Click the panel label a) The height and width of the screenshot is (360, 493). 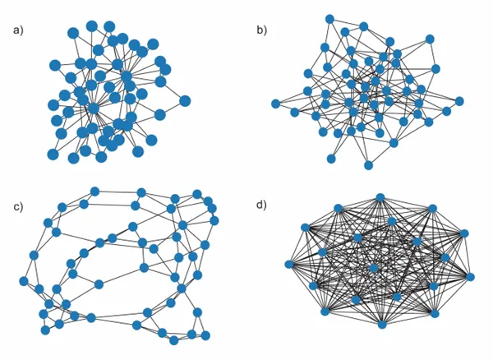pyautogui.click(x=18, y=30)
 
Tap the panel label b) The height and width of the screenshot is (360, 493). pyautogui.click(x=261, y=30)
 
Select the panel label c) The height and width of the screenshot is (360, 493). pyautogui.click(x=18, y=207)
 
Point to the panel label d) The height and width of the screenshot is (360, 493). pyautogui.click(x=261, y=205)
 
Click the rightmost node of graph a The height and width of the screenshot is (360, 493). pyautogui.click(x=185, y=101)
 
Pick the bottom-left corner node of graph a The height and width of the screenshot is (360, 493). pyautogui.click(x=53, y=155)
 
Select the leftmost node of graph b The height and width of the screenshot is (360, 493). pyautogui.click(x=275, y=104)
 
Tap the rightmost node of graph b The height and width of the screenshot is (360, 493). pyautogui.click(x=459, y=101)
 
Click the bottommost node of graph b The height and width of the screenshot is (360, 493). pyautogui.click(x=368, y=165)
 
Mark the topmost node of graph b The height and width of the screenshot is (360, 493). pyautogui.click(x=329, y=19)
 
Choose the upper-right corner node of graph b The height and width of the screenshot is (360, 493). pyautogui.click(x=430, y=39)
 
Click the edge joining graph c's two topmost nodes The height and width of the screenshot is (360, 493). pyautogui.click(x=117, y=192)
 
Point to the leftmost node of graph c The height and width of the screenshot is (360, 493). pyautogui.click(x=24, y=281)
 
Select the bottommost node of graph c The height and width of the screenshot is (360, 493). pyautogui.click(x=174, y=340)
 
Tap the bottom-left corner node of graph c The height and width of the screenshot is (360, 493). pyautogui.click(x=45, y=330)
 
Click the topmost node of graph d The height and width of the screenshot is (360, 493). pyautogui.click(x=380, y=197)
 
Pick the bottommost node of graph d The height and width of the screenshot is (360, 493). pyautogui.click(x=382, y=325)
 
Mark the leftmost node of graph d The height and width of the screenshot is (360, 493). pyautogui.click(x=289, y=264)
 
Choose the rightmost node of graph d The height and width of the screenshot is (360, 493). pyautogui.click(x=470, y=277)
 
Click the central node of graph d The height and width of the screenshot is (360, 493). pyautogui.click(x=374, y=268)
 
